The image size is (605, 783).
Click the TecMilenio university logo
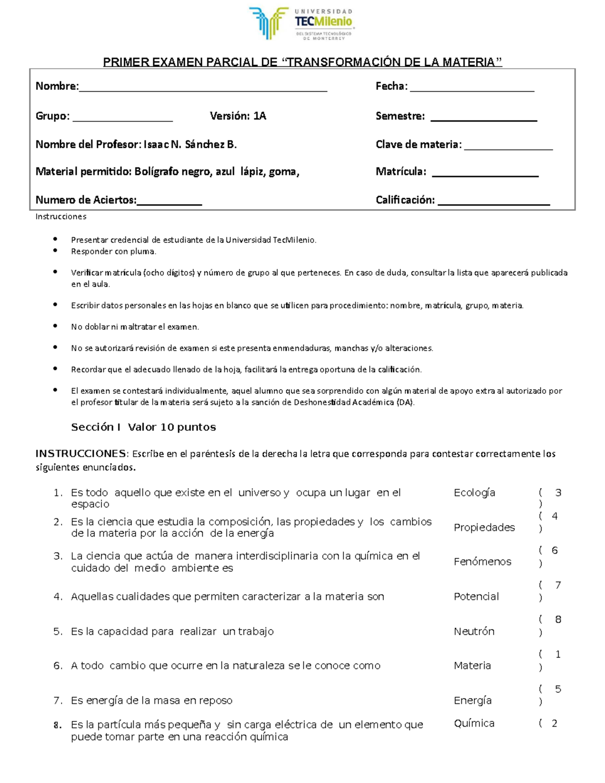click(x=301, y=24)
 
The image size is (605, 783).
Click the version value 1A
click(x=260, y=116)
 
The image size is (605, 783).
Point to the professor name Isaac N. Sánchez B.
click(x=190, y=145)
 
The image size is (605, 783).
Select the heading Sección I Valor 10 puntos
click(x=143, y=427)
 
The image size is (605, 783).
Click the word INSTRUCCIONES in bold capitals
click(x=81, y=453)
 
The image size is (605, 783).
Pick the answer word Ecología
click(x=474, y=493)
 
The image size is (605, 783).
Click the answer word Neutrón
click(x=474, y=631)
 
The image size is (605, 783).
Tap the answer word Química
click(x=474, y=724)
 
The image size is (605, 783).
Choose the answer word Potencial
click(x=476, y=596)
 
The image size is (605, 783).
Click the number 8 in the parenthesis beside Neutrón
click(x=558, y=620)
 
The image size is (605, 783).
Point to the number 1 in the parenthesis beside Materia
click(x=558, y=654)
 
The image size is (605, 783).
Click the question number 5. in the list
click(x=58, y=631)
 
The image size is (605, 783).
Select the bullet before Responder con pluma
click(x=55, y=251)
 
